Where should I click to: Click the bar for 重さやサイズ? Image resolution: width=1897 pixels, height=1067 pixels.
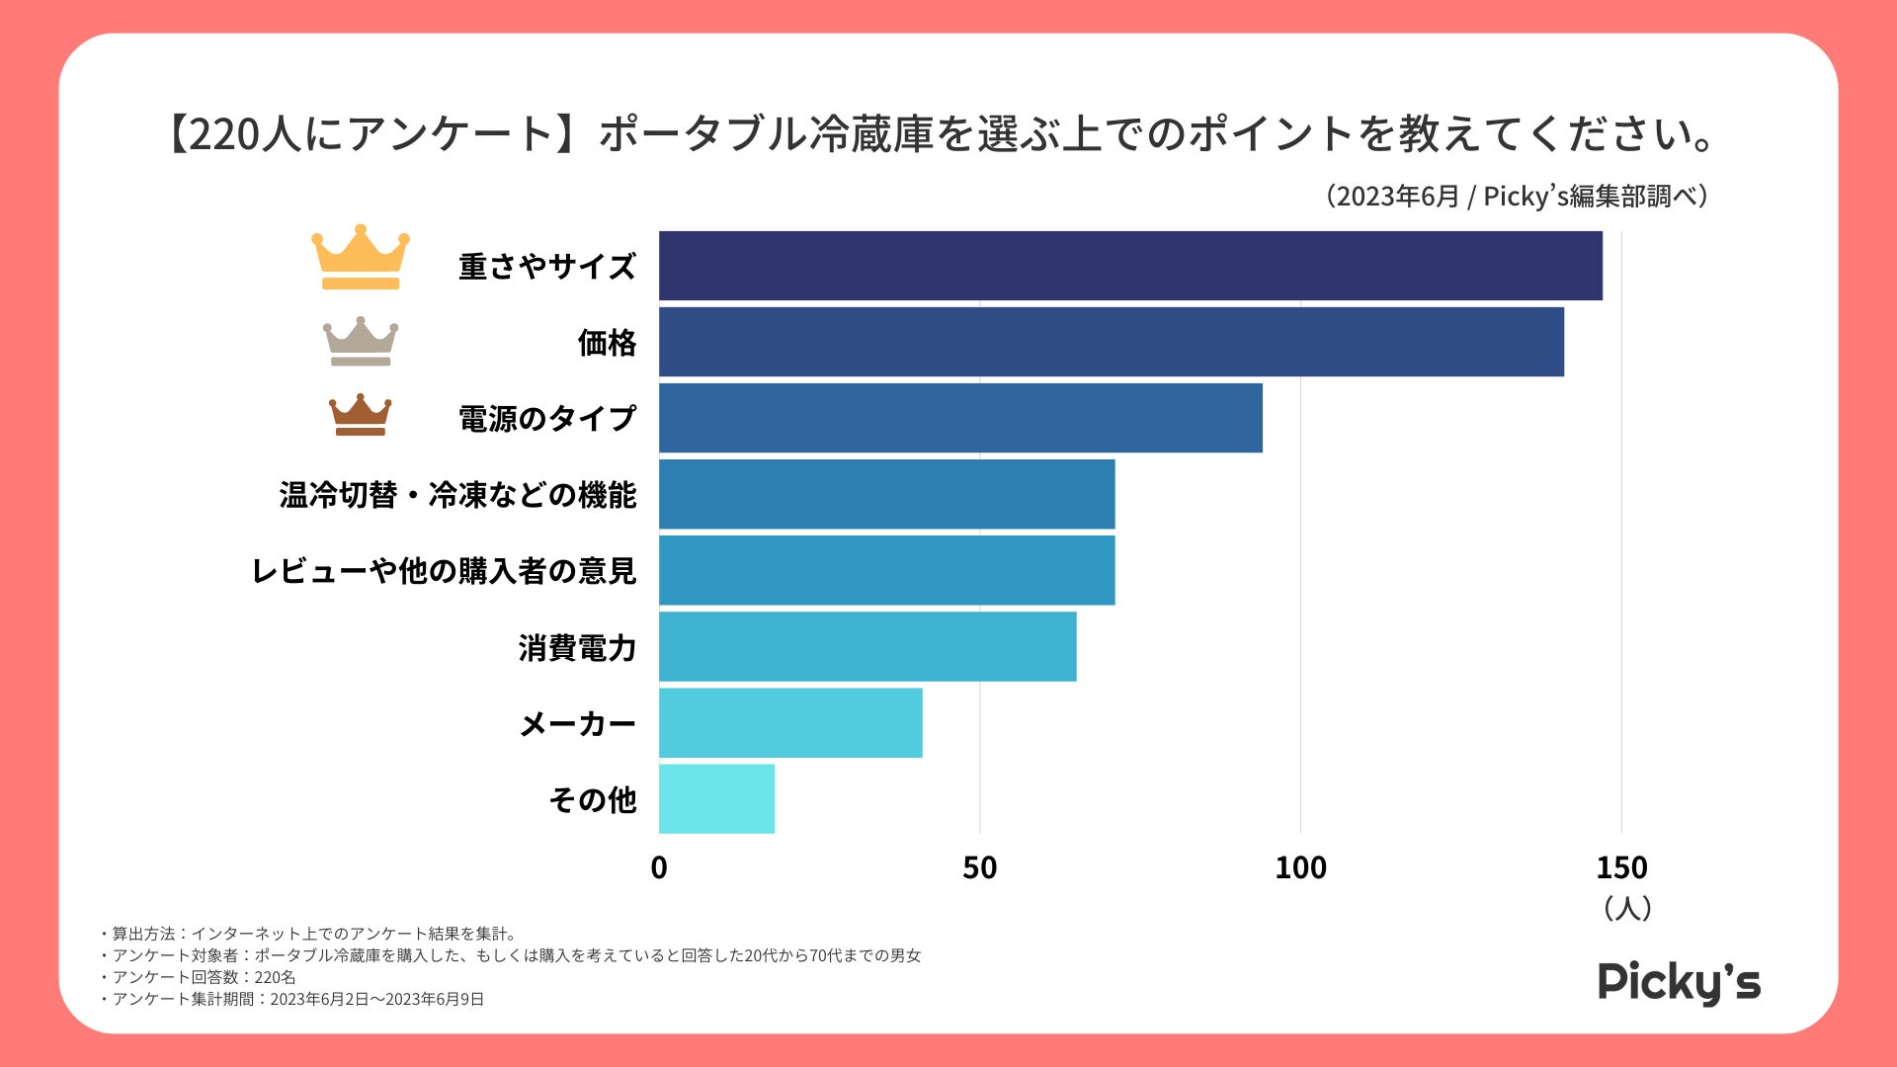(1130, 266)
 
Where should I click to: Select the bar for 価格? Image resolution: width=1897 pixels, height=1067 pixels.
(1111, 342)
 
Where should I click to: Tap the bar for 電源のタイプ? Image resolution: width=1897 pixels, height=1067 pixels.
(960, 418)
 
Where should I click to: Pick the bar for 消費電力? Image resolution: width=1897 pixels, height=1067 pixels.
(867, 646)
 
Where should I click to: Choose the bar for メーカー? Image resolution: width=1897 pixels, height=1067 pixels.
(790, 723)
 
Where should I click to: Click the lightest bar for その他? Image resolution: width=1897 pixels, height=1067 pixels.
(716, 798)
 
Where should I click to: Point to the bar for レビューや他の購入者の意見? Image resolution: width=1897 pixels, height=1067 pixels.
(886, 570)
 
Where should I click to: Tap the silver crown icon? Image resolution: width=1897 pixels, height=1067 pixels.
(361, 341)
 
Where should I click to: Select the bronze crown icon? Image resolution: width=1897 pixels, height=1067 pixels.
(360, 415)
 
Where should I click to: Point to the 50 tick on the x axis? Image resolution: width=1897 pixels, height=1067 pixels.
(979, 867)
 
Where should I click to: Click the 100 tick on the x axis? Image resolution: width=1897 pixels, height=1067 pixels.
(1300, 867)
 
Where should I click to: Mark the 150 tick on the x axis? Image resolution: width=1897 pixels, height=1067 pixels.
(1621, 867)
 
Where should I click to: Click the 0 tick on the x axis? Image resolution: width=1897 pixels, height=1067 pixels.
(659, 867)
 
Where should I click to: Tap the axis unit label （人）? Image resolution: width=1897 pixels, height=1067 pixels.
(1626, 908)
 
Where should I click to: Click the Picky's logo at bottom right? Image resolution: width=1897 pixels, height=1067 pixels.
(1679, 982)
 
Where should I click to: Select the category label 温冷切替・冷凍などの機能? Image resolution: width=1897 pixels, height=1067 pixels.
(457, 494)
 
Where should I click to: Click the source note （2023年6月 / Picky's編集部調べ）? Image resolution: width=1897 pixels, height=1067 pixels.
(1517, 196)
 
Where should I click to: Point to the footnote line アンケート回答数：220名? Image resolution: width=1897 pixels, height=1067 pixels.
(203, 977)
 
